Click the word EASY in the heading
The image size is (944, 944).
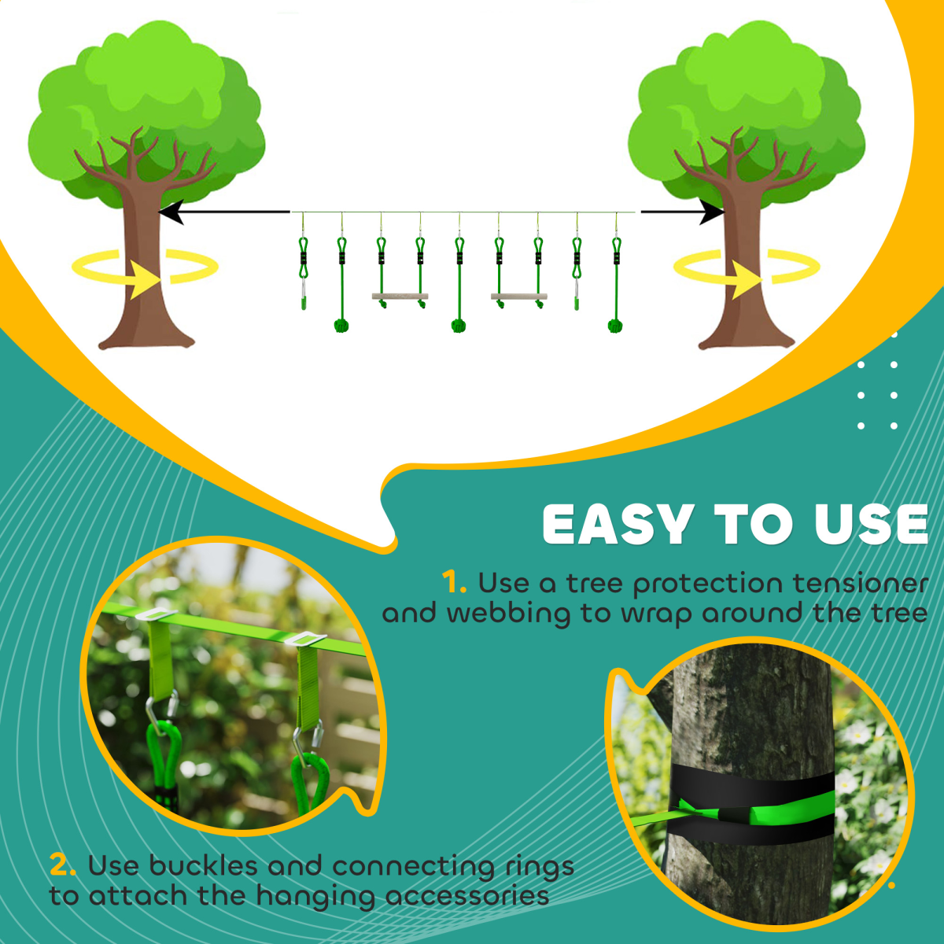pyautogui.click(x=618, y=525)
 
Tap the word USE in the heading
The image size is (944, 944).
pyautogui.click(x=871, y=525)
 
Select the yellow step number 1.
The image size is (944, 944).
pyautogui.click(x=454, y=583)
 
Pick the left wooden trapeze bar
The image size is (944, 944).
pyautogui.click(x=400, y=297)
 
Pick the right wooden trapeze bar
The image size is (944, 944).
pyautogui.click(x=518, y=297)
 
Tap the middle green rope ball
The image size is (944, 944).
pyautogui.click(x=459, y=324)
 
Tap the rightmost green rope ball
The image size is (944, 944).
pyautogui.click(x=615, y=324)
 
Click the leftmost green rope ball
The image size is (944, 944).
pyautogui.click(x=341, y=324)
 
